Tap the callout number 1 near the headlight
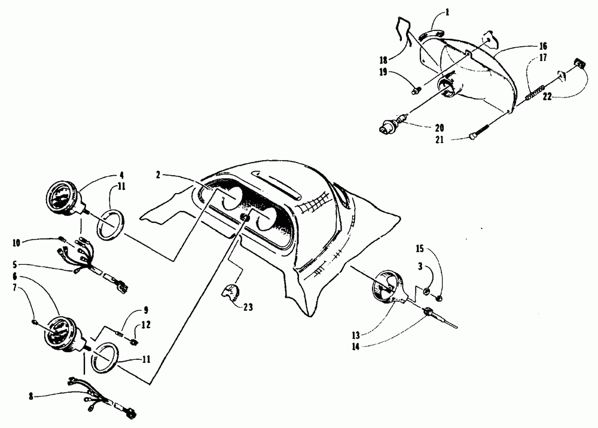448,11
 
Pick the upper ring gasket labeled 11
109,224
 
